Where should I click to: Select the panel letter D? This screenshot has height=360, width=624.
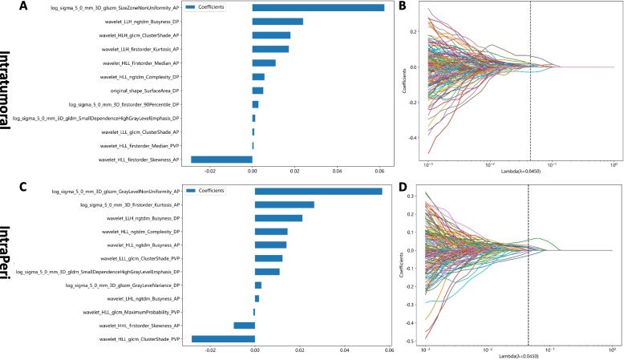click(x=402, y=189)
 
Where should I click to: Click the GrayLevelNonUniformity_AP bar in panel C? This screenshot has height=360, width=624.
click(x=318, y=191)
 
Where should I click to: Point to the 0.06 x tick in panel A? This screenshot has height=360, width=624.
click(x=379, y=170)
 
